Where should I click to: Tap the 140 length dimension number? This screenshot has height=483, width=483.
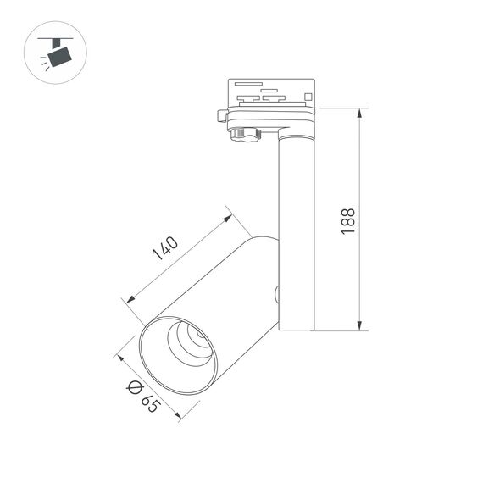tap(165, 248)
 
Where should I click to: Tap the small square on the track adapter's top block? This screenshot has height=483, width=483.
tap(308, 97)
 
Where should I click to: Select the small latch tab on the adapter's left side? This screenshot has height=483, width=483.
tap(221, 114)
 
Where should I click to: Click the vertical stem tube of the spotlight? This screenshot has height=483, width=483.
tap(297, 229)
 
